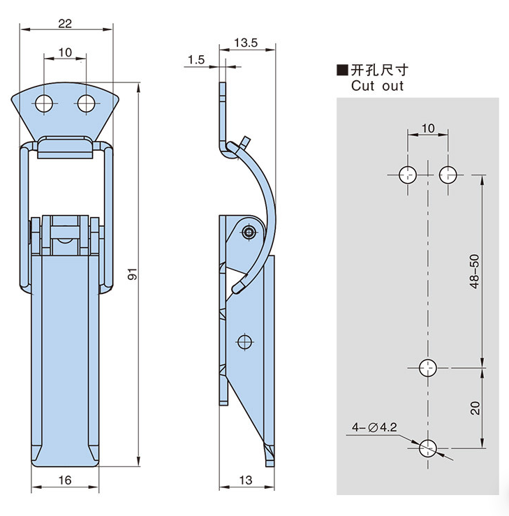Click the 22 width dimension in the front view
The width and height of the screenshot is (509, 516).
[x=65, y=23]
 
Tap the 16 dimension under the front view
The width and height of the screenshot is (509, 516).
[x=65, y=480]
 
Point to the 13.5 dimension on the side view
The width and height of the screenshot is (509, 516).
[x=246, y=43]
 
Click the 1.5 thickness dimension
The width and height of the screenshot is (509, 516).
[x=196, y=60]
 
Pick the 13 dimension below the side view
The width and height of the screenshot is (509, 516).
[x=246, y=480]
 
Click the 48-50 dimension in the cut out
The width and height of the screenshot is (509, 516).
[x=475, y=272]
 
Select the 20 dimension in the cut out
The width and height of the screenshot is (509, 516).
[x=475, y=407]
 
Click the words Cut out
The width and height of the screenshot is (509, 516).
[x=377, y=86]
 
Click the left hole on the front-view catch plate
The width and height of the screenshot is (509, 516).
[x=44, y=104]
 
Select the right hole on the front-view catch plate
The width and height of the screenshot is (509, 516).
[x=87, y=104]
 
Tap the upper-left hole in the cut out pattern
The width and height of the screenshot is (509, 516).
[x=407, y=174]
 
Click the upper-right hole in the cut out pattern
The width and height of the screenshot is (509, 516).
[x=448, y=174]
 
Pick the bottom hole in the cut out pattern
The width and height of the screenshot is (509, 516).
[x=427, y=448]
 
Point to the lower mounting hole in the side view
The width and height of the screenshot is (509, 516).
[x=244, y=341]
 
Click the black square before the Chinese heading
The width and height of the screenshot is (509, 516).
[x=342, y=70]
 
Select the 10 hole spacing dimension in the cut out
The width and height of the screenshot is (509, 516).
[x=427, y=128]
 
